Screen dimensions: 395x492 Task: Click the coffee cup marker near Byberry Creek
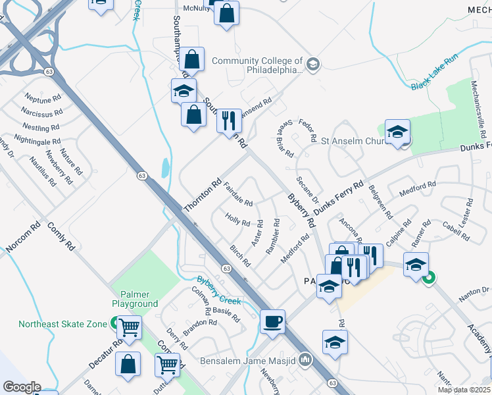(272, 322)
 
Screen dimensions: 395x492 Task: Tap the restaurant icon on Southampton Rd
(229, 120)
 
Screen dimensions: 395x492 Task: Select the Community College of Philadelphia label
(257, 65)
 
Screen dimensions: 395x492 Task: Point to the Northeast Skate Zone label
(62, 324)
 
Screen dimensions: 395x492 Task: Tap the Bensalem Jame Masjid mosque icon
(305, 360)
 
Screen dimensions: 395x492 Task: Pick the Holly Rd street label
(237, 219)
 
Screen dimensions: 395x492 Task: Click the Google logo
(22, 387)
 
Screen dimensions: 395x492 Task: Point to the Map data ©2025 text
(464, 390)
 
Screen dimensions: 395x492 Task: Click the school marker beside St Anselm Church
(397, 132)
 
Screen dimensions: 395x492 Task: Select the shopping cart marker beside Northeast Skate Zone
(129, 327)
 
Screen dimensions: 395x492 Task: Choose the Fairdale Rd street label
(238, 195)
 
